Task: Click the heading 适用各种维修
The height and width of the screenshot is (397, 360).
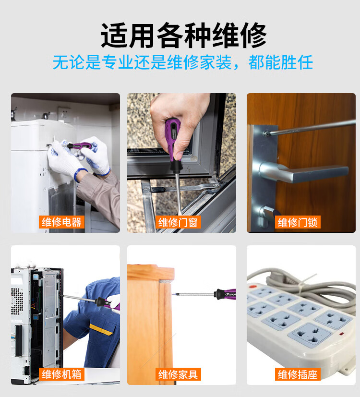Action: pos(183,35)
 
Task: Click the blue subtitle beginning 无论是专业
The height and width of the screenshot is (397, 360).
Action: pos(183,62)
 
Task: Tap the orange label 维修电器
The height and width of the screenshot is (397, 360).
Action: pos(61,222)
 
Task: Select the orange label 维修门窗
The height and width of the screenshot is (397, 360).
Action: pos(178,222)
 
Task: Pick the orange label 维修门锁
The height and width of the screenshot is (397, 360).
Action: pos(298,222)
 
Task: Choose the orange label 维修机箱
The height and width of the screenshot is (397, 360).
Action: pos(61,374)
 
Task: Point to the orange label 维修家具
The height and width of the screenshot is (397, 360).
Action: pos(178,374)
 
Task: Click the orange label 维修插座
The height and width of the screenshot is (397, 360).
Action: pos(298,374)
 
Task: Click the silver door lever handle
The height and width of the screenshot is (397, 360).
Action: pos(304,172)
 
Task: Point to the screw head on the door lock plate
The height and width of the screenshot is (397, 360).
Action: pos(266,133)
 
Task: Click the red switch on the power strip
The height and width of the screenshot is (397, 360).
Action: pos(252,287)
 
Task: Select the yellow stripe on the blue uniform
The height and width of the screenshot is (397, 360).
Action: pos(101,329)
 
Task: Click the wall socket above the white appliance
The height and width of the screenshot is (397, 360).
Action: pos(64,114)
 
